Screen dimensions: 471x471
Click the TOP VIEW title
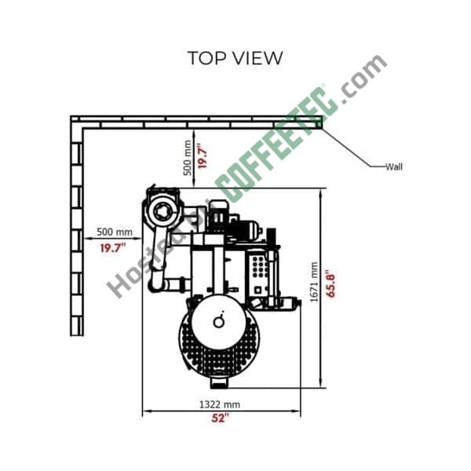(235, 58)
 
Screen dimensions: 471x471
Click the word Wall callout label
(394, 166)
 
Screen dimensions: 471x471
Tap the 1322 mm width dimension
(220, 404)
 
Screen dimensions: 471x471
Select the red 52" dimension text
(220, 418)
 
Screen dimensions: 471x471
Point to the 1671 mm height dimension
(313, 282)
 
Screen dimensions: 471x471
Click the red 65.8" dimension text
(330, 283)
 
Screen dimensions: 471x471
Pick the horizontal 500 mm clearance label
(115, 232)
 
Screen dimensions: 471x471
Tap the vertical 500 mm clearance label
(187, 158)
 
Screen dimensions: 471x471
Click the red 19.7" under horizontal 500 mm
(112, 248)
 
